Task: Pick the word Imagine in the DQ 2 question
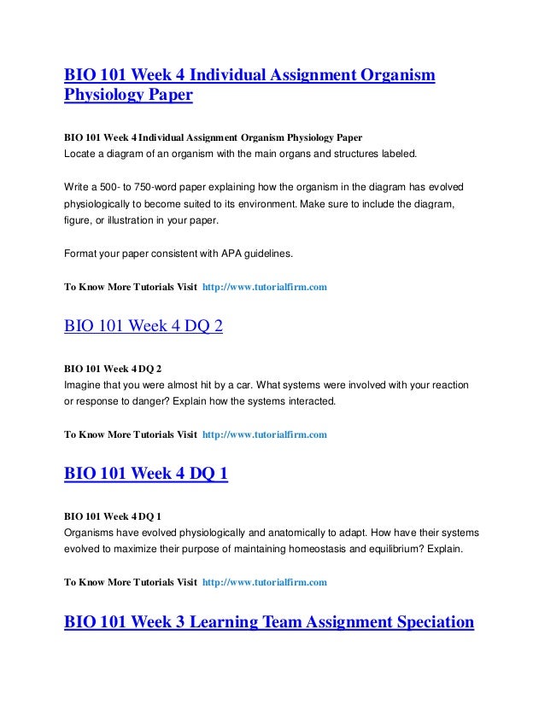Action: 85,385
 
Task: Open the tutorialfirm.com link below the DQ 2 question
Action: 265,434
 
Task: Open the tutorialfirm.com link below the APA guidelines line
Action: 265,288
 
